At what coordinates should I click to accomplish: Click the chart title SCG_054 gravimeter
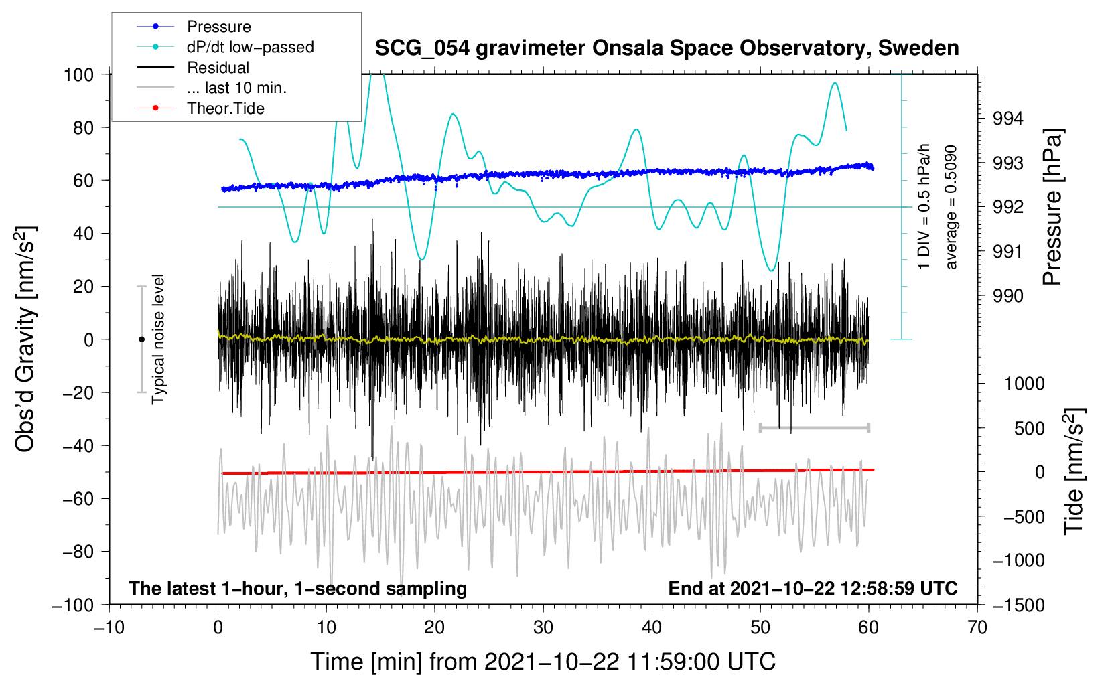point(667,48)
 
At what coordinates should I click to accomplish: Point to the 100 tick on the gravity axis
point(78,75)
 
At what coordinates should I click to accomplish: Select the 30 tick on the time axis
point(543,627)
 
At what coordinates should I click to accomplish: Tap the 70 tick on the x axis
point(977,627)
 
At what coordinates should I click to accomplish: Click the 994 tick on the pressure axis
point(1007,119)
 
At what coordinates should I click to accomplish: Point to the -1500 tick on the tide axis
point(1019,605)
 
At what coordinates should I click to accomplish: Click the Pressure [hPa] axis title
point(1052,207)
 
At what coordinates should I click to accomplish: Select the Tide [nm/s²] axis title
point(1074,471)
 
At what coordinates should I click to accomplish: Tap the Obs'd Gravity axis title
point(25,339)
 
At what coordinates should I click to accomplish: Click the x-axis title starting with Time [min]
point(543,662)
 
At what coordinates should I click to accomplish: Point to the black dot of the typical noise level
point(141,339)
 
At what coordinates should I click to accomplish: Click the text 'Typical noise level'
point(158,339)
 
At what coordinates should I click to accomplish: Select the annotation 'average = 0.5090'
point(950,207)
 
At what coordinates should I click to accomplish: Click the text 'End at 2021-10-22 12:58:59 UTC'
point(813,588)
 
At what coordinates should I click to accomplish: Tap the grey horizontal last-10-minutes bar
point(815,427)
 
